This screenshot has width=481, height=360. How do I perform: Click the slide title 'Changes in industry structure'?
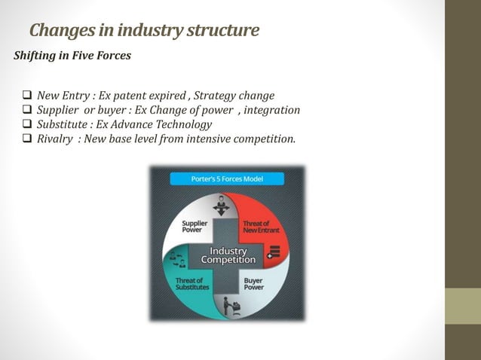pos(144,31)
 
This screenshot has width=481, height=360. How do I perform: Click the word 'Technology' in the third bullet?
pos(184,124)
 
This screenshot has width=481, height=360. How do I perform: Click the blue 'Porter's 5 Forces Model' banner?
pos(227,179)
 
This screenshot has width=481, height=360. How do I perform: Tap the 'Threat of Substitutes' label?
pos(193,284)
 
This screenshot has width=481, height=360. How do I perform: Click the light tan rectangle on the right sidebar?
pos(463,307)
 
